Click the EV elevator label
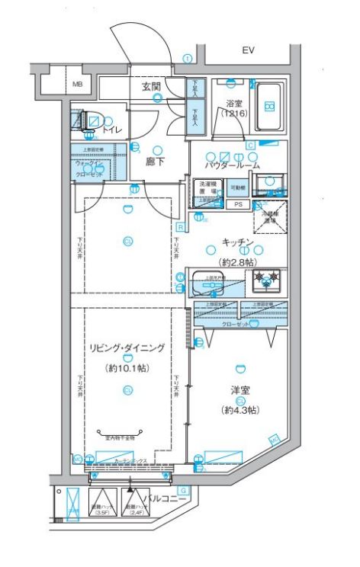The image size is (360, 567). (248, 50)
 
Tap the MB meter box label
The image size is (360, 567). (77, 84)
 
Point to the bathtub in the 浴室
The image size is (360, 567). (268, 101)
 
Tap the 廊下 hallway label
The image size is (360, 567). (156, 162)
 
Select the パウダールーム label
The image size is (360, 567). (232, 165)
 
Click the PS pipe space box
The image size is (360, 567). (238, 204)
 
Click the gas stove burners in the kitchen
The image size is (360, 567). (268, 280)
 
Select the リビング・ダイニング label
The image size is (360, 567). (127, 348)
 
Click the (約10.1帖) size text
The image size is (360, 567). (127, 367)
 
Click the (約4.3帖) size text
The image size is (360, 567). (240, 410)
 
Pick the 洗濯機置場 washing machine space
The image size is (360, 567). (208, 188)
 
